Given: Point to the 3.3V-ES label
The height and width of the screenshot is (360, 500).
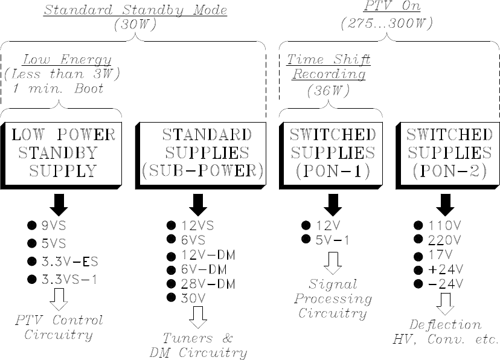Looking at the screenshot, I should coord(69,262).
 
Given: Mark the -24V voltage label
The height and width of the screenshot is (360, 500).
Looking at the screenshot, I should coord(445,283).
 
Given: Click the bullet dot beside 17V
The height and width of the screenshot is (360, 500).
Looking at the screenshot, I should coord(417,254).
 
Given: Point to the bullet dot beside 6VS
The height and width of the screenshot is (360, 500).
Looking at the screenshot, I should coord(171,240).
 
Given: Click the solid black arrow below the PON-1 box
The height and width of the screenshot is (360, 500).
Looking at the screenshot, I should coord(332,204).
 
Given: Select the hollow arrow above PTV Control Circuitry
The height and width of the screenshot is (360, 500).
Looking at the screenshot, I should coord(59,298).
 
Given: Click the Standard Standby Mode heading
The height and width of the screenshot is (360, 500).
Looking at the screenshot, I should coord(135,11).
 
